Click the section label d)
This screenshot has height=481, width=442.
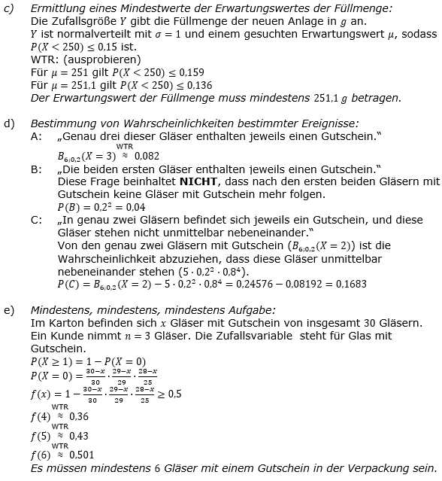pos(8,123)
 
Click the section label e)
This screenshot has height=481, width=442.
pos(8,309)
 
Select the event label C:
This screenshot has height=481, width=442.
pos(36,220)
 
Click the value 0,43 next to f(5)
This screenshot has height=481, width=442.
pos(78,435)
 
